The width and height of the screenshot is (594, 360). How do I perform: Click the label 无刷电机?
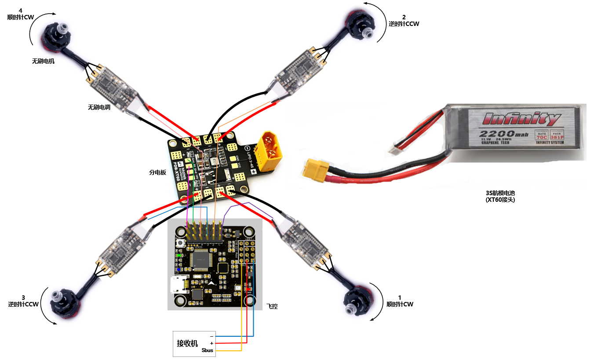click(43, 61)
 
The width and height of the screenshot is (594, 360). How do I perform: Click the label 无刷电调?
click(99, 107)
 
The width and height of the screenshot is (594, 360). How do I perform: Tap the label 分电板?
click(157, 173)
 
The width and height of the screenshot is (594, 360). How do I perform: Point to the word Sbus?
click(207, 350)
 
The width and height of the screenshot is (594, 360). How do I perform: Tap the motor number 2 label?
click(404, 17)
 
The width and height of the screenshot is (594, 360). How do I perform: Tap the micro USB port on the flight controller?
click(178, 285)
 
